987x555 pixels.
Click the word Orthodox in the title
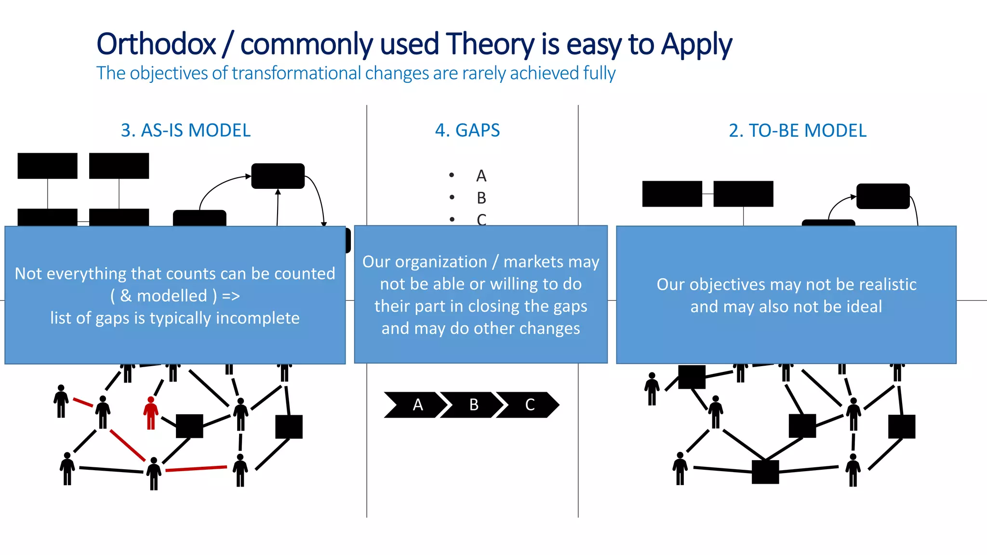pos(156,44)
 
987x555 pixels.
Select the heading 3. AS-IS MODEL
pos(186,131)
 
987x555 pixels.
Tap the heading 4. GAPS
pos(467,131)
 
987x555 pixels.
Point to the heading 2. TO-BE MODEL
pos(797,131)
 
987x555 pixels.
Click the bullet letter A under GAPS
pos(481,176)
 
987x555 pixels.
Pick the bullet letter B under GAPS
pos(481,198)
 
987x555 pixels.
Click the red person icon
pos(151,413)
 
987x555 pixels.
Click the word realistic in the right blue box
pos(889,284)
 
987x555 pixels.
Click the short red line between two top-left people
pos(83,402)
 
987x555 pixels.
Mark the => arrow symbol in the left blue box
pos(231,296)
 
